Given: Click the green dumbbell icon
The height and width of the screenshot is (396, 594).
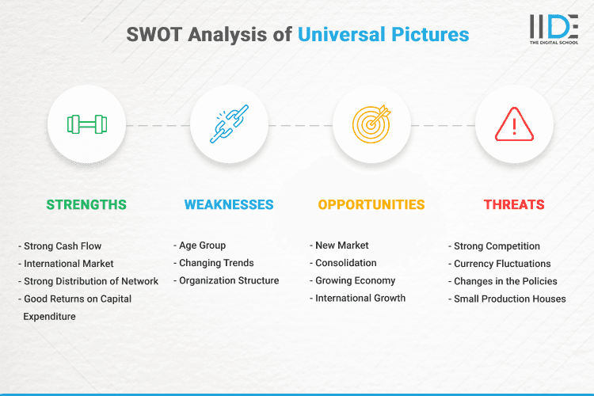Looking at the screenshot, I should (x=86, y=124).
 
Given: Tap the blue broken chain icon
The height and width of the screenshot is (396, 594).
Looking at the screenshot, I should (x=229, y=124).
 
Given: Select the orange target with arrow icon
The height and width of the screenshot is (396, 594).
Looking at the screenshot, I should (x=371, y=124).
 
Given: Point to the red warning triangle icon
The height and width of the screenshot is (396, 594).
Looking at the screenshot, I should (x=514, y=124).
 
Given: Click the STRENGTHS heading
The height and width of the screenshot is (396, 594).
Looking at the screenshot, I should (x=86, y=204).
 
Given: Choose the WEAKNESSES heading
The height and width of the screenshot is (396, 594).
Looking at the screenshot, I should (x=229, y=204).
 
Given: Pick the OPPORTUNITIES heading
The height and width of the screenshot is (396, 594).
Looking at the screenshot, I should (x=371, y=204).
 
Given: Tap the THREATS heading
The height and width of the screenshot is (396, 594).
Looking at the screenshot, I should (x=514, y=204).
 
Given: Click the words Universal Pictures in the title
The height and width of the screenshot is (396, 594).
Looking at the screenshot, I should (x=383, y=35).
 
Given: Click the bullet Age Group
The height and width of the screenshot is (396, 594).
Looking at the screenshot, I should (x=203, y=246).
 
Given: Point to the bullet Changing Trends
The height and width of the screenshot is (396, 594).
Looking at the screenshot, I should (x=216, y=263).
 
